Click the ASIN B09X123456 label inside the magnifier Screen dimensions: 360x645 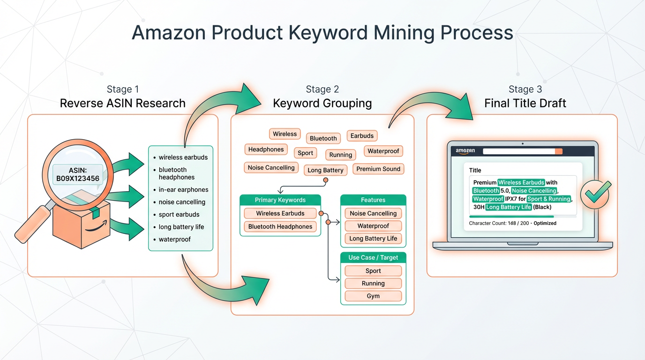click(x=78, y=174)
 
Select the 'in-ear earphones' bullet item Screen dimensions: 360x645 click(x=183, y=190)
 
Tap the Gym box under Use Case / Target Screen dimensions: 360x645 click(x=373, y=296)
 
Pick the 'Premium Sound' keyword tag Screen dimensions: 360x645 click(x=378, y=169)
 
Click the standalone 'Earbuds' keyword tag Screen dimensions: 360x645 click(x=362, y=135)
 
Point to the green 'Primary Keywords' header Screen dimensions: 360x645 click(x=280, y=200)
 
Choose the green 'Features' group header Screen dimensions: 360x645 click(x=373, y=200)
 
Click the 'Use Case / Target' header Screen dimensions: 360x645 click(x=373, y=257)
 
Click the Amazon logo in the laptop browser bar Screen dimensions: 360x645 click(x=465, y=151)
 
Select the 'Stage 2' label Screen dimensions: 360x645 click(x=322, y=89)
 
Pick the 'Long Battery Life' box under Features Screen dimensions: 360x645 click(x=373, y=239)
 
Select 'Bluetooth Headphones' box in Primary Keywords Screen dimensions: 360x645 click(x=280, y=227)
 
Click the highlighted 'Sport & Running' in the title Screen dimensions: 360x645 click(x=548, y=199)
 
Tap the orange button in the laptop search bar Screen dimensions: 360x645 click(x=558, y=151)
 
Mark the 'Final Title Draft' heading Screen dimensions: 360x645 click(x=525, y=103)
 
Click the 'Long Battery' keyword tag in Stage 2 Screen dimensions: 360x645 click(x=325, y=170)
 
